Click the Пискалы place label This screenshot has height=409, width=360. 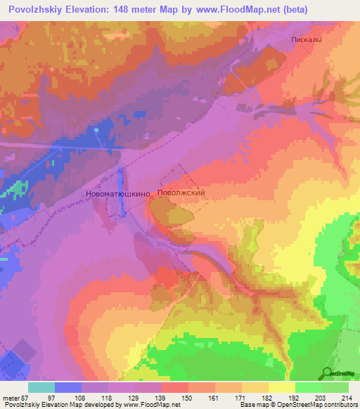(307, 40)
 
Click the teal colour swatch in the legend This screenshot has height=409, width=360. (41, 387)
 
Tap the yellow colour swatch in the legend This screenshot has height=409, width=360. (282, 387)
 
